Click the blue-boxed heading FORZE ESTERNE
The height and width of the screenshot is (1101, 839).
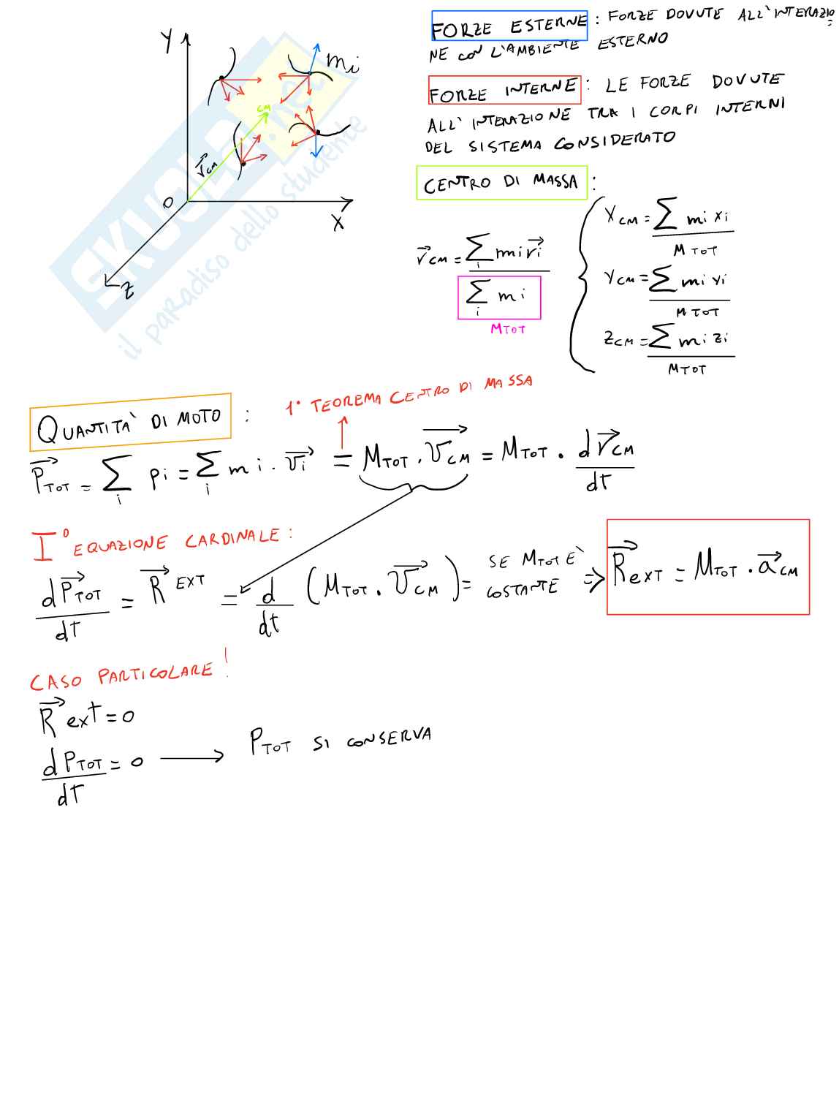point(509,27)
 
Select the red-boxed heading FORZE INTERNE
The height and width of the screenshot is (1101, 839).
point(504,91)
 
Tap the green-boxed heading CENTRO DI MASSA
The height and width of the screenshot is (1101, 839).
point(501,183)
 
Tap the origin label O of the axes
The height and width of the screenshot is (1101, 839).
point(168,203)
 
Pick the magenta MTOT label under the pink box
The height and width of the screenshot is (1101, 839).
point(508,329)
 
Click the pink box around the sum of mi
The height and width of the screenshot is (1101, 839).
point(499,297)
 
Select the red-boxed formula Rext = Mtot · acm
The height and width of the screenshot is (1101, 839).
point(707,567)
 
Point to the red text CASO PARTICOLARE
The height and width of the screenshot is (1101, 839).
point(121,676)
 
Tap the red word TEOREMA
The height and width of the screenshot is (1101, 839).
point(346,403)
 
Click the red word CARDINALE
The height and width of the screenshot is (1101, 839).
point(232,539)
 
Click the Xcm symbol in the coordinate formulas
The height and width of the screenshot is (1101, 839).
point(621,217)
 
